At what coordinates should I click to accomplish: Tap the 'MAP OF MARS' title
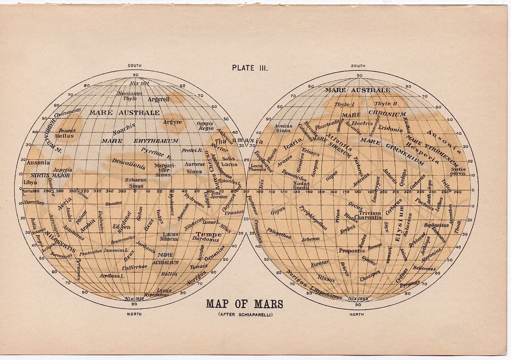[x=244, y=304]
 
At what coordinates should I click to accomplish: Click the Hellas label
[x=66, y=136]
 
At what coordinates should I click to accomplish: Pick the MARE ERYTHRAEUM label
[x=139, y=141]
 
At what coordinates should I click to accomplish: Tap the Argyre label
[x=172, y=122]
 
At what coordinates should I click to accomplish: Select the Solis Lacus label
[x=229, y=161]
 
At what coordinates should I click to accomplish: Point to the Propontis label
[x=352, y=251]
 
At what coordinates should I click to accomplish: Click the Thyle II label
[x=385, y=104]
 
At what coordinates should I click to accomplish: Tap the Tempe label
[x=208, y=234]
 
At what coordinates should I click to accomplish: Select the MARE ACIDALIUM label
[x=165, y=259]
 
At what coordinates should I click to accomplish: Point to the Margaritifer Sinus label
[x=162, y=170]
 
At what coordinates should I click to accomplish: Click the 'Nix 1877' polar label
[x=139, y=84]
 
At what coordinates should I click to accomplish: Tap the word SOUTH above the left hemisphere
[x=135, y=66]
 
